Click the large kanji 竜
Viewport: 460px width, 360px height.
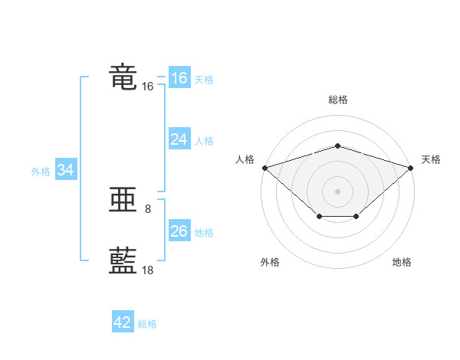(123, 77)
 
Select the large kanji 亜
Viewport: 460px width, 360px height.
(123, 199)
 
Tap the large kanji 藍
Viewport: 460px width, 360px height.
(123, 260)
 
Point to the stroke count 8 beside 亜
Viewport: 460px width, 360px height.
(148, 209)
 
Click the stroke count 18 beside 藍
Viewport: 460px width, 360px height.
(147, 270)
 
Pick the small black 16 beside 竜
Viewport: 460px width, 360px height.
(147, 87)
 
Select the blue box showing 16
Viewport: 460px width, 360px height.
(179, 77)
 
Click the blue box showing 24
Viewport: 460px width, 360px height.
(179, 139)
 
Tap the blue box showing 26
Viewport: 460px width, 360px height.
(179, 230)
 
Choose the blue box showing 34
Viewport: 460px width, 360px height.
(66, 169)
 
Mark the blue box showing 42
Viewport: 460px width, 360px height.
(123, 321)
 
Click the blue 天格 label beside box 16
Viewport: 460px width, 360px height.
(204, 80)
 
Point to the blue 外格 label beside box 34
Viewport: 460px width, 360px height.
(41, 172)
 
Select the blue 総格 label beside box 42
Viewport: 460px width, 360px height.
(147, 324)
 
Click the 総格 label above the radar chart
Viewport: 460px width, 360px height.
(338, 100)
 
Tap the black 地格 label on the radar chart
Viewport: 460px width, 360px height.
(402, 262)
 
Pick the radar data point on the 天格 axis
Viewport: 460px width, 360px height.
(411, 168)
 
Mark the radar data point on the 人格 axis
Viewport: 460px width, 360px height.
(265, 168)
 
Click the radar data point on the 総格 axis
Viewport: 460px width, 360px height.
(337, 146)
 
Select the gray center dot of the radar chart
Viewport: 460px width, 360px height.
(337, 191)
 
